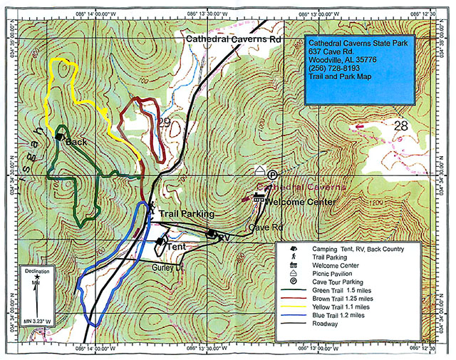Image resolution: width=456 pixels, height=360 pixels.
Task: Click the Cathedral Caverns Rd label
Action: click(234, 40)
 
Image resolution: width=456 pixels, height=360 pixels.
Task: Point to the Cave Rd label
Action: click(262, 227)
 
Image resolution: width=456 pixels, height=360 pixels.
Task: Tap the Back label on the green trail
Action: click(76, 143)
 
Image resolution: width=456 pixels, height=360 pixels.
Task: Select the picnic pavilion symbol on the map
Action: click(261, 170)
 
